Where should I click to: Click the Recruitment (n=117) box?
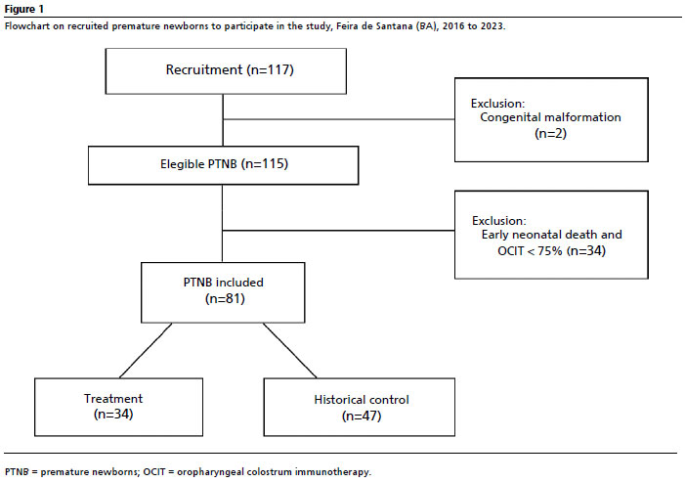pos(226,71)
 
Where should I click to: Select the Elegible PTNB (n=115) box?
pos(223,165)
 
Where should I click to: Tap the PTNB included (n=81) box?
pos(223,292)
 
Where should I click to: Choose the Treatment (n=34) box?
pos(118,407)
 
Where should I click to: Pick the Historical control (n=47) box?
pos(359,407)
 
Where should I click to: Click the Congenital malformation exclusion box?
pos(551,119)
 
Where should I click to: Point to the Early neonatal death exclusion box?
pos(551,235)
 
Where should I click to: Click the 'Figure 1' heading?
pos(24,9)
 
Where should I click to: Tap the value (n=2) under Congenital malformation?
pos(550,133)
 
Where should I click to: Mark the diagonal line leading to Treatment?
pos(146,350)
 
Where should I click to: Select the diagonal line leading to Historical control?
pos(289,350)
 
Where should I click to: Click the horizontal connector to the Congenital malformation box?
pos(338,119)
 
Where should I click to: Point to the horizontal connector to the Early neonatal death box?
pos(338,231)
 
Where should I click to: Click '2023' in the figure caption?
pos(492,25)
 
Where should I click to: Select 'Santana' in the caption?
pos(394,25)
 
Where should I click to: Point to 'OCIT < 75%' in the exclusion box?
pos(530,251)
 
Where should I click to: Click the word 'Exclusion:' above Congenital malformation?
pos(498,104)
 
